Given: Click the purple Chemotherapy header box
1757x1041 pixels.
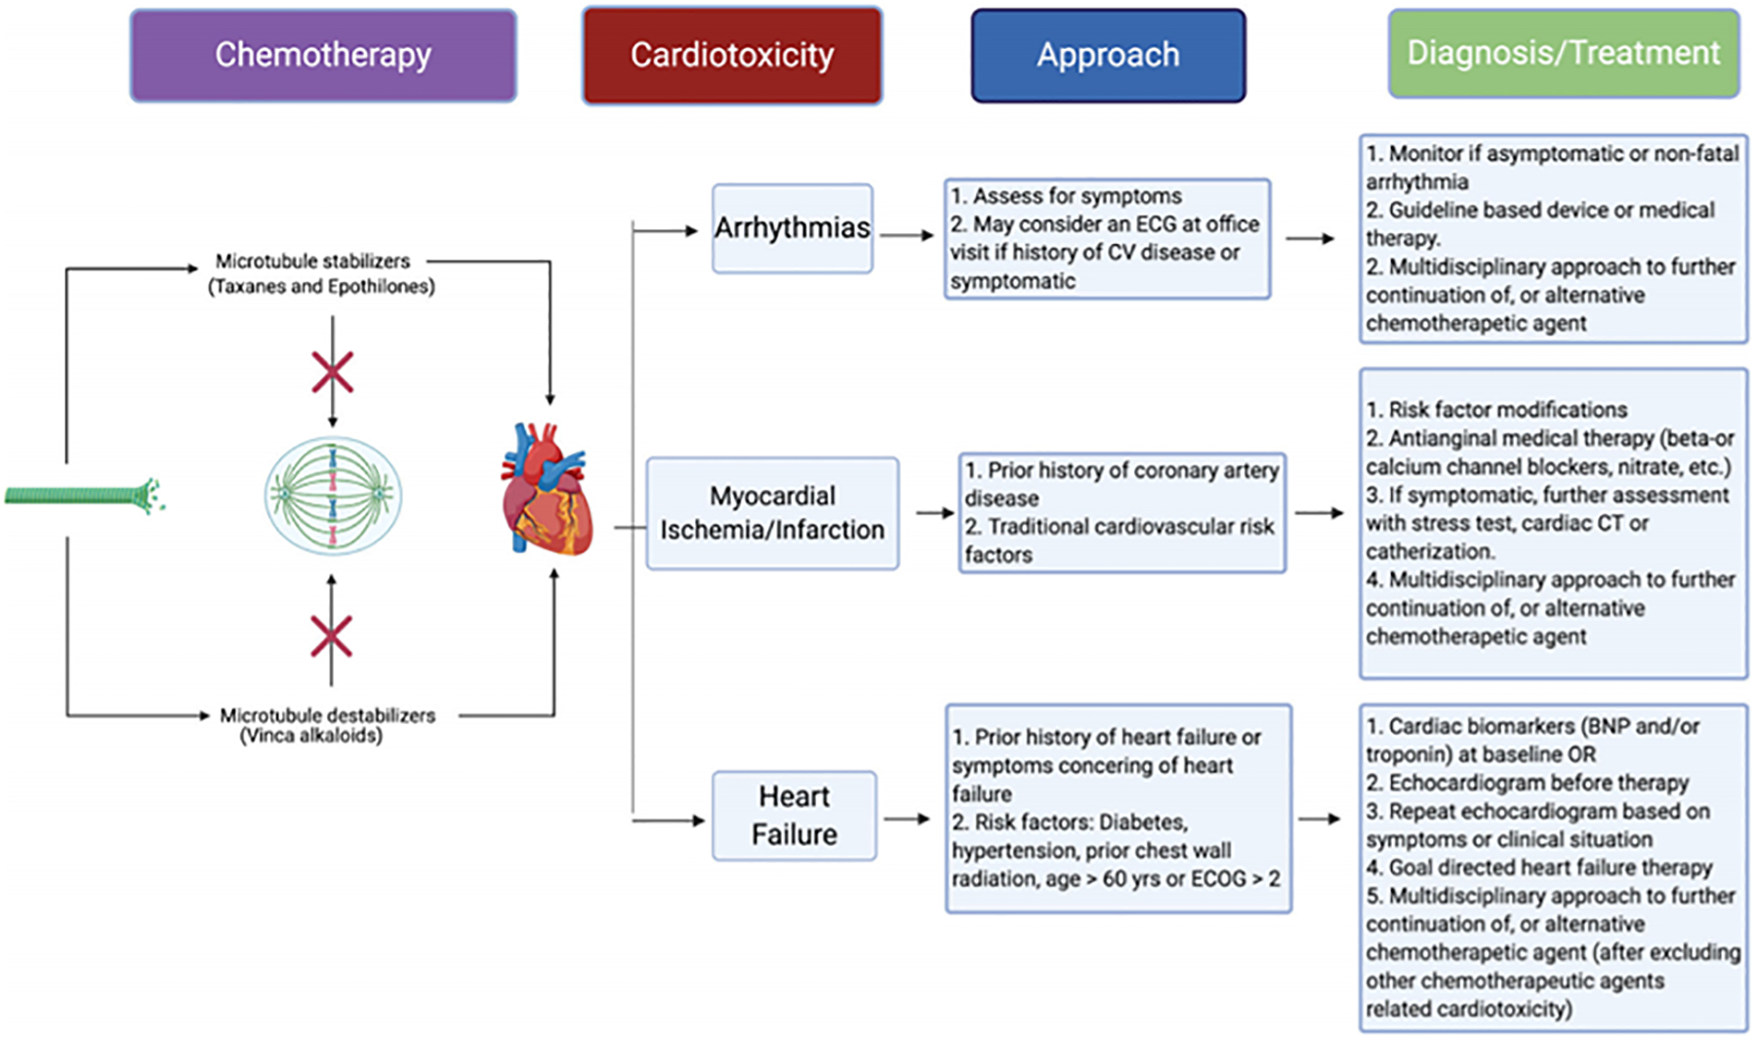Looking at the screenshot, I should [323, 56].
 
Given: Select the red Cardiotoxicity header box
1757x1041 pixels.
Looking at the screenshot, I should [732, 56].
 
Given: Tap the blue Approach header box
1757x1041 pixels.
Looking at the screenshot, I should [1108, 56].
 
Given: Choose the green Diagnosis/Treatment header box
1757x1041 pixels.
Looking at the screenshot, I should [1563, 54].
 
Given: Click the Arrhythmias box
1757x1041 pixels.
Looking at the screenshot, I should [792, 228].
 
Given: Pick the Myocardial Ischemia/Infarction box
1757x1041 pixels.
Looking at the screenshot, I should [772, 513].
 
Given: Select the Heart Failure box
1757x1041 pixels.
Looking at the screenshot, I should [794, 816].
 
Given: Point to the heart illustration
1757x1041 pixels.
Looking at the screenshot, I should [547, 490].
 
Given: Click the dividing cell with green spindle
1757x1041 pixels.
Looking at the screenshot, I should [333, 496].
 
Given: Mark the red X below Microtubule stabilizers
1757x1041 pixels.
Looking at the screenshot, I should [332, 373].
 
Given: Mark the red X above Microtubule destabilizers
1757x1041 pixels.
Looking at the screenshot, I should [331, 636].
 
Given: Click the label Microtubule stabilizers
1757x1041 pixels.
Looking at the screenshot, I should [312, 261].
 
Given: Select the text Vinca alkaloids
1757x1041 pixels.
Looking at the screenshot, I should [311, 736].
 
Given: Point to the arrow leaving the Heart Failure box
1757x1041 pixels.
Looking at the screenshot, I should [908, 820].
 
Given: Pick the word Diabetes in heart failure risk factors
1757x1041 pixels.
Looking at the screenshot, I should [1143, 821].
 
